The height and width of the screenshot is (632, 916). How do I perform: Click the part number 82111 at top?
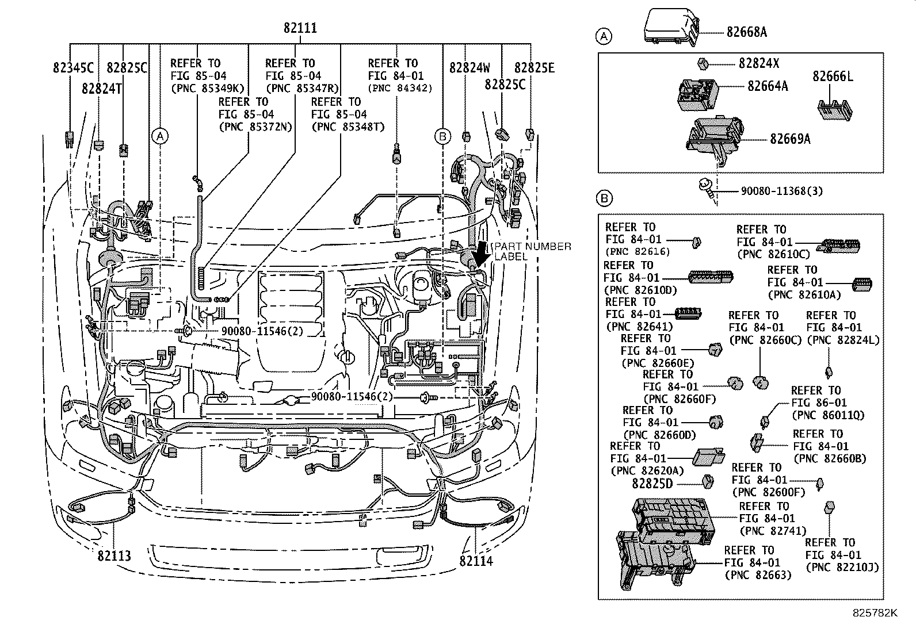click(300, 28)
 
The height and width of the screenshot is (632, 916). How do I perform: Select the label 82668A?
click(746, 32)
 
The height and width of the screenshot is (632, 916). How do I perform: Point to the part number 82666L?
click(833, 76)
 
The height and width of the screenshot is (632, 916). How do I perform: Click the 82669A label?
click(790, 139)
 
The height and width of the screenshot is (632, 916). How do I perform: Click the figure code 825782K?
click(875, 613)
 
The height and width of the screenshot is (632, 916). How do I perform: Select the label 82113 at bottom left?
click(114, 556)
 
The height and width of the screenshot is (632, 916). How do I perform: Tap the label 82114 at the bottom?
click(476, 560)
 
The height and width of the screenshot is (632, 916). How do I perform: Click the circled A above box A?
click(603, 37)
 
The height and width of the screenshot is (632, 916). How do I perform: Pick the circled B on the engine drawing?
click(442, 136)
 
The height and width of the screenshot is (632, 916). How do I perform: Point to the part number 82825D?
click(652, 484)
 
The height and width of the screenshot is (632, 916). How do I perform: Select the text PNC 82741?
click(773, 531)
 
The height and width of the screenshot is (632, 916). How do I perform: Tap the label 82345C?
click(73, 68)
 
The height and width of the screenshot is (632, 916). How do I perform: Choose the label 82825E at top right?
click(534, 68)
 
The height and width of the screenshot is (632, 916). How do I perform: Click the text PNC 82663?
click(758, 574)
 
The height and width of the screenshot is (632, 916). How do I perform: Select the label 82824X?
click(759, 63)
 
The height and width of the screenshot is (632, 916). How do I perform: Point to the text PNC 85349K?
click(208, 88)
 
